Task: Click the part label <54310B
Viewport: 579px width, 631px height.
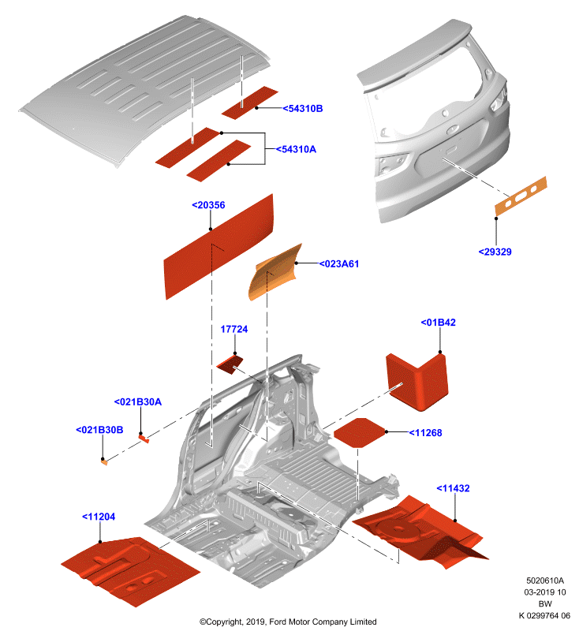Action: pos(303,109)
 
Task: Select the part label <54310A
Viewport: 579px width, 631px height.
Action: pos(296,149)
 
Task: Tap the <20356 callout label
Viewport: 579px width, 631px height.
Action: pos(208,205)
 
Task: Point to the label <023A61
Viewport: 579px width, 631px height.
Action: pos(338,264)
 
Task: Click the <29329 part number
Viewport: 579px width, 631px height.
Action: pos(495,252)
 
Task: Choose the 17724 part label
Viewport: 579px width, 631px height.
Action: pos(234,329)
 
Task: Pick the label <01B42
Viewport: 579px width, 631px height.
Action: pos(438,323)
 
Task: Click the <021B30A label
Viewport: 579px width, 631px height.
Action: pos(138,402)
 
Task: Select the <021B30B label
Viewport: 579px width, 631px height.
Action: pos(99,430)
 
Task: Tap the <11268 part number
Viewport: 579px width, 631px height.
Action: pos(425,433)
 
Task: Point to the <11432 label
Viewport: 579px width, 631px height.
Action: pos(453,488)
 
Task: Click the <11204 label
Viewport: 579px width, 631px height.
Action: pos(99,517)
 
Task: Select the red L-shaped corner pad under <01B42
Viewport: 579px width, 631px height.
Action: pos(417,382)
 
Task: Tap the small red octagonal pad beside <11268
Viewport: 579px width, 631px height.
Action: pos(359,432)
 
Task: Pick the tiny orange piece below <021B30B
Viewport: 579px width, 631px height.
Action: pos(104,462)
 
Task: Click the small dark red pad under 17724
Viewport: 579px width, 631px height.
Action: pos(230,364)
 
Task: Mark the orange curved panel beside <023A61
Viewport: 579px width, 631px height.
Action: pos(275,272)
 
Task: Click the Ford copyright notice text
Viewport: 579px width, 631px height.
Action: pos(288,622)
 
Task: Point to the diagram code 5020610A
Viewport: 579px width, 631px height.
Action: pos(545,581)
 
